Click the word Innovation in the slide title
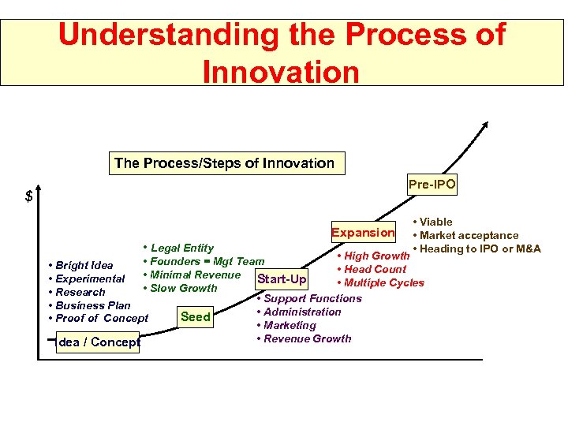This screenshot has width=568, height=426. click(x=281, y=71)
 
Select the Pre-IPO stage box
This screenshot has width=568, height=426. click(x=432, y=185)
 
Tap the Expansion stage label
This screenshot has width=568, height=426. click(x=363, y=232)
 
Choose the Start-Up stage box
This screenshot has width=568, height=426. click(x=282, y=279)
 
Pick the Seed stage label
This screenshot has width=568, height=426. click(x=195, y=317)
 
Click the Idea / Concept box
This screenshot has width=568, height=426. click(x=99, y=342)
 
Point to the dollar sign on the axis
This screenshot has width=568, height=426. click(x=29, y=196)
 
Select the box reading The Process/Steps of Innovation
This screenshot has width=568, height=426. click(x=224, y=163)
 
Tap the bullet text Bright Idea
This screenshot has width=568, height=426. click(x=84, y=265)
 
